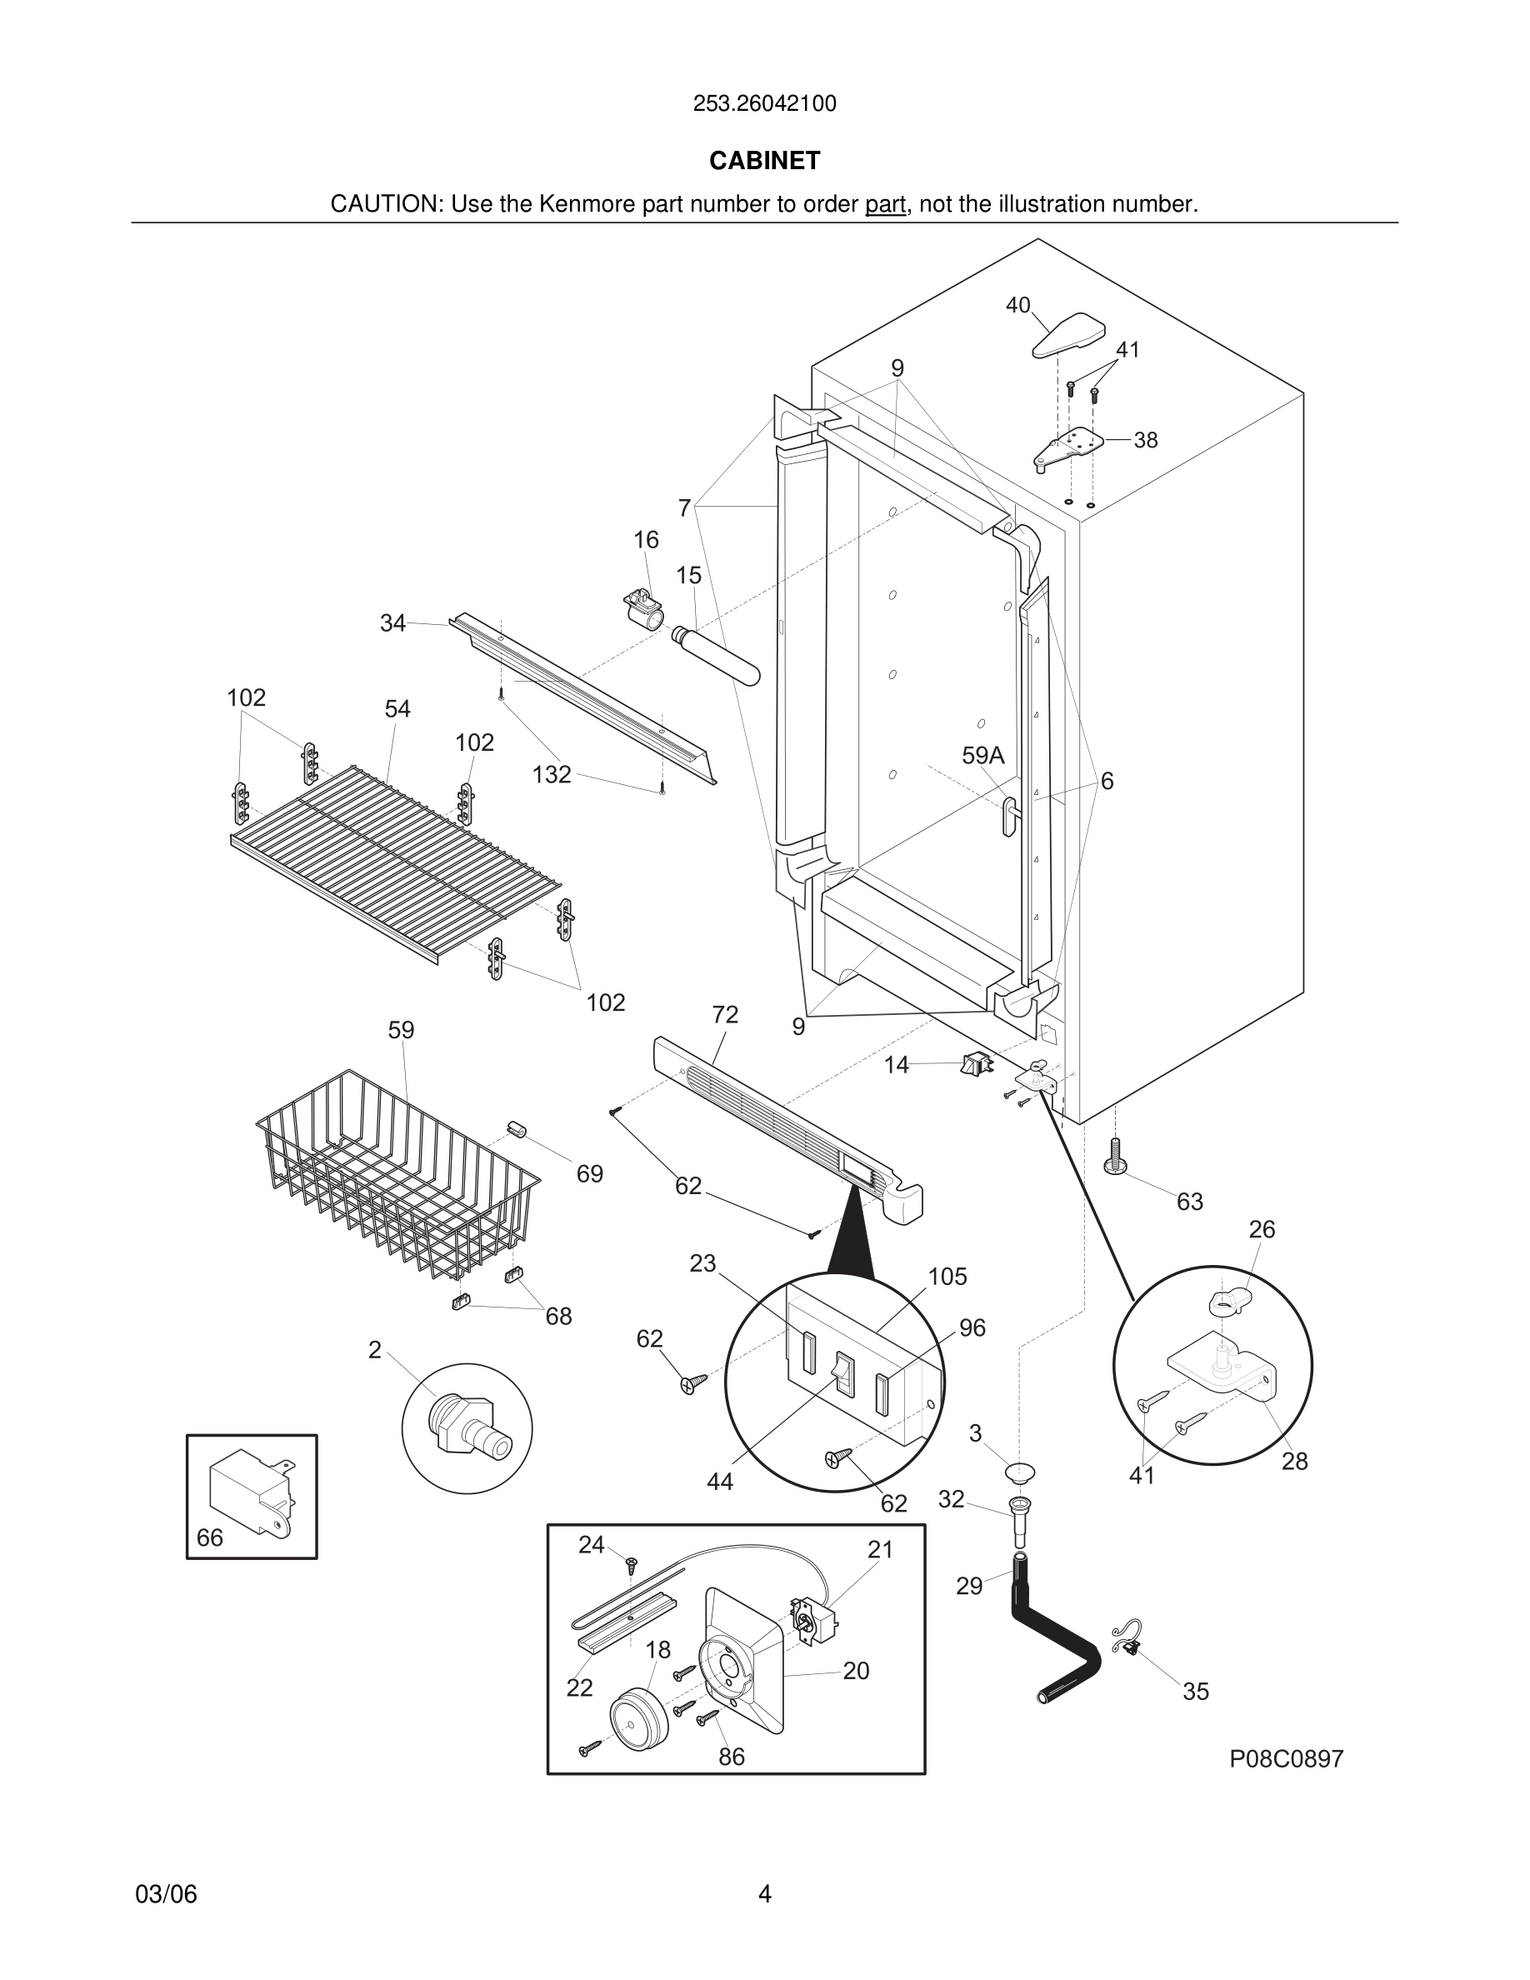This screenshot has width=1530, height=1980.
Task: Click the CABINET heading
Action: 764,161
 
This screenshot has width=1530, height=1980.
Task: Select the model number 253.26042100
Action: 764,103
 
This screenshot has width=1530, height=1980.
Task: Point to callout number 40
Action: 1017,305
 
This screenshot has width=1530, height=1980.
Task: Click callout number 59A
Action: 982,755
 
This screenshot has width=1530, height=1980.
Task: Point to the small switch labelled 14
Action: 976,1064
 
